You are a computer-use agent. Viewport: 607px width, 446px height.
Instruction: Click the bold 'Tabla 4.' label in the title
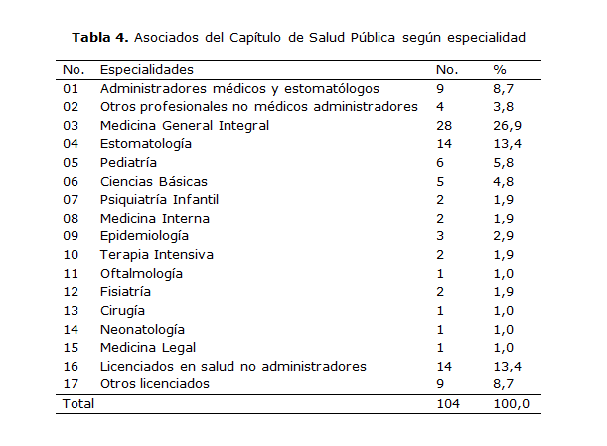click(100, 38)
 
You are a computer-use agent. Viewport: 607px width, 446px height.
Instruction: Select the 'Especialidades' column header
click(147, 70)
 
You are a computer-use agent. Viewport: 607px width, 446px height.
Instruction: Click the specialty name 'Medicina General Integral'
click(185, 125)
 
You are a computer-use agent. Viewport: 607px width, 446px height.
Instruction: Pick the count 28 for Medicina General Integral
click(444, 125)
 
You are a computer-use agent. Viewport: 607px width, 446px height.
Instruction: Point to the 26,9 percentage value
click(507, 125)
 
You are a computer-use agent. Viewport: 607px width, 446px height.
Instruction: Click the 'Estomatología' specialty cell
click(146, 144)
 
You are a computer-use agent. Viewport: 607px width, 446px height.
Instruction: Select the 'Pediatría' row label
click(129, 162)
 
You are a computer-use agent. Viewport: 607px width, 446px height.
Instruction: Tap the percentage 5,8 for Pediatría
click(503, 162)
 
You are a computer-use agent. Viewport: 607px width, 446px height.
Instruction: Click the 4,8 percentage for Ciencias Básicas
click(503, 181)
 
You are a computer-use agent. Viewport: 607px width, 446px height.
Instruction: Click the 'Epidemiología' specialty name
click(145, 236)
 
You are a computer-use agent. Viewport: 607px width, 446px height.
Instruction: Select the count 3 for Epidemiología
click(440, 236)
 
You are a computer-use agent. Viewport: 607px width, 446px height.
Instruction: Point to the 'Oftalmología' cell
click(142, 273)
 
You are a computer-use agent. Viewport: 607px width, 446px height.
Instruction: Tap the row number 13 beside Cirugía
click(70, 311)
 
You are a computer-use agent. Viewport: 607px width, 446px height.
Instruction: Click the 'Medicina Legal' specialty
click(148, 348)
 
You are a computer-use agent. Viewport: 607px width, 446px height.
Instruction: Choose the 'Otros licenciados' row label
click(155, 384)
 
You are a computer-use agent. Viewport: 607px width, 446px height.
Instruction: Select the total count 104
click(448, 404)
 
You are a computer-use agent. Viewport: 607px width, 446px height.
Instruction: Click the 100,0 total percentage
click(511, 404)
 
